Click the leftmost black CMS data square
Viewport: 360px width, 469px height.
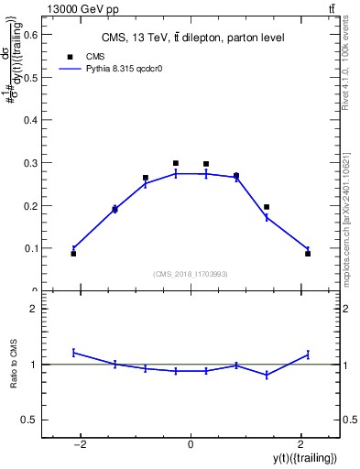[73, 254]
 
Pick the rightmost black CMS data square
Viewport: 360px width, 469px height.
[308, 254]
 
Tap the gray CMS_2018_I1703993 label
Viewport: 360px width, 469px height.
[191, 274]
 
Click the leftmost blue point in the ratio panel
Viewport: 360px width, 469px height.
[73, 352]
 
